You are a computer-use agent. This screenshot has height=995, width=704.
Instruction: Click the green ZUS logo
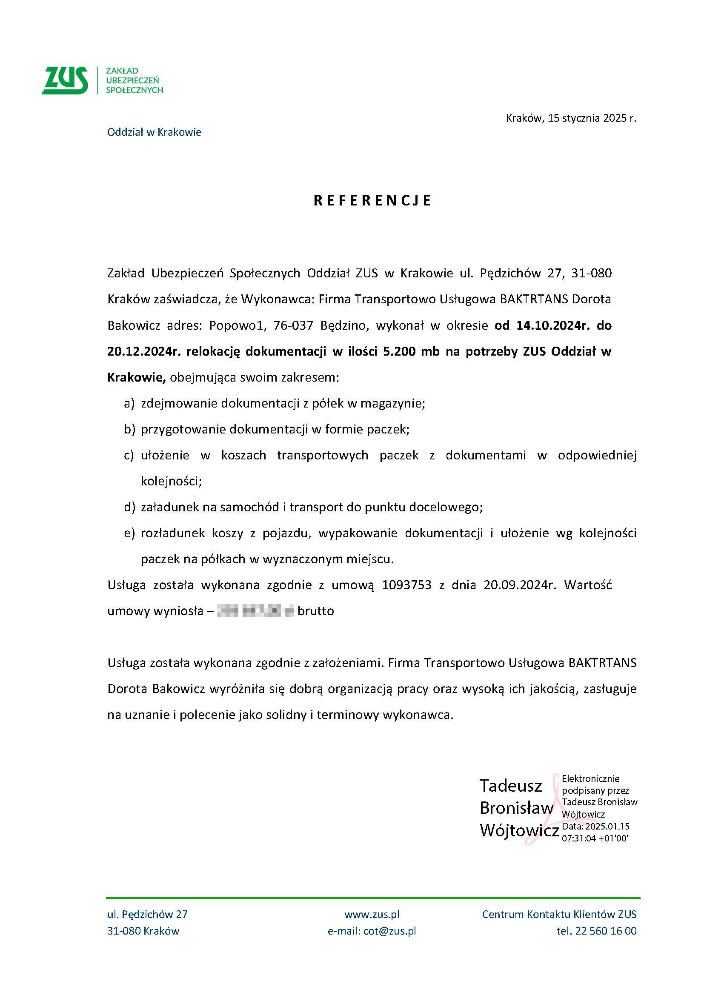click(65, 80)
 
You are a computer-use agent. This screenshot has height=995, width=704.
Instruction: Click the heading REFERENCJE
click(372, 200)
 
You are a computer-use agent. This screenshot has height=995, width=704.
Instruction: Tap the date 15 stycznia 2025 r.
click(592, 118)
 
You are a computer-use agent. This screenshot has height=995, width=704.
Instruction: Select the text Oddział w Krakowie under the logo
click(154, 132)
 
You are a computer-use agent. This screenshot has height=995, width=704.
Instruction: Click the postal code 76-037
click(293, 325)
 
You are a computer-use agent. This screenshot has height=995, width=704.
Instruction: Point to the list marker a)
click(129, 403)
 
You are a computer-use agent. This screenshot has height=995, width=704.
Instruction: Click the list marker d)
click(129, 507)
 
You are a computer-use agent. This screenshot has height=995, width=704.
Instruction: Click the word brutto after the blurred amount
click(315, 611)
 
